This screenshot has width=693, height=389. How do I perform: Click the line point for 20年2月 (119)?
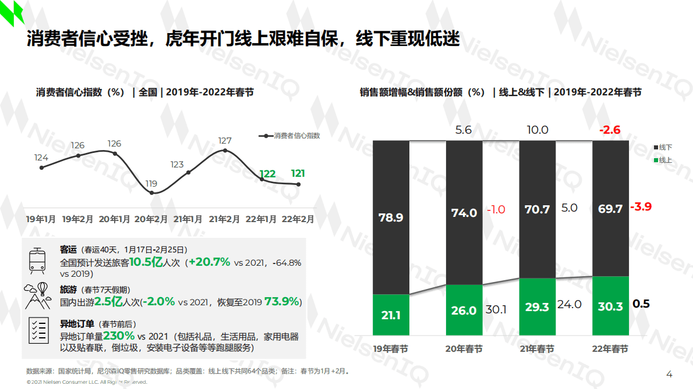coord(152,192)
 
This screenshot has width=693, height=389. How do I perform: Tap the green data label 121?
coord(298,173)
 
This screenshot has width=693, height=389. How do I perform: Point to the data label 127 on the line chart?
coord(225,141)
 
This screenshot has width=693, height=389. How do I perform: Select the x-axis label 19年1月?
coord(41,219)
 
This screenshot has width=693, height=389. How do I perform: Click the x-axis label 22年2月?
coord(298,219)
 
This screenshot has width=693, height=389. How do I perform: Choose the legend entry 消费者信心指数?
coord(289,135)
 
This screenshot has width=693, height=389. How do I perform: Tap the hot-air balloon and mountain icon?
coord(38,295)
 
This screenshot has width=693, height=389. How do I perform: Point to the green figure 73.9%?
coord(282,302)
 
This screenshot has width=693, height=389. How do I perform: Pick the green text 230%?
coord(119,336)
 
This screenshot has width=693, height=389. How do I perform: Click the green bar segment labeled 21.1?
coord(391,315)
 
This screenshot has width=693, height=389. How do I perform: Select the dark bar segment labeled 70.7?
coord(537,209)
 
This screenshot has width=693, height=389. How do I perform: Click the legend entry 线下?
coord(662,148)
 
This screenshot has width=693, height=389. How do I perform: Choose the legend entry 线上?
coord(662,160)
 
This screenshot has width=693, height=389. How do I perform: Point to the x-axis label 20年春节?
coord(464,349)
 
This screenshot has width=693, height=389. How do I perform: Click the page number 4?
coord(669,374)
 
